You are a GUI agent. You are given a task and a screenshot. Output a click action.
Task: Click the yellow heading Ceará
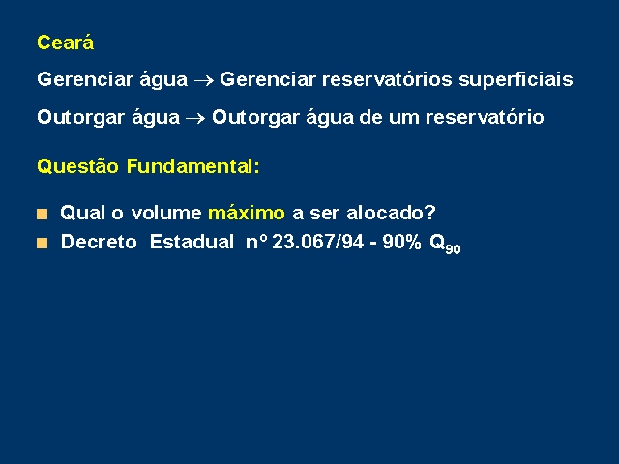pyautogui.click(x=65, y=43)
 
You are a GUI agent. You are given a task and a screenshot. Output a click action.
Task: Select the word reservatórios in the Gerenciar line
pyautogui.click(x=387, y=79)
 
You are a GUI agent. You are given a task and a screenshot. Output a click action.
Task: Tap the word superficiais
pyautogui.click(x=516, y=80)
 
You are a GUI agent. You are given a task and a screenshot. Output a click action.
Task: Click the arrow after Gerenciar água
pyautogui.click(x=204, y=81)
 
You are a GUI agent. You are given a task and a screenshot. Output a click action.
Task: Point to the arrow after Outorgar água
pyautogui.click(x=195, y=118)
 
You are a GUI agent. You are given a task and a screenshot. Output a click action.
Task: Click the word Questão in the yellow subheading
pyautogui.click(x=77, y=166)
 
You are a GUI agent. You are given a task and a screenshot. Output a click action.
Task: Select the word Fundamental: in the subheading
pyautogui.click(x=193, y=166)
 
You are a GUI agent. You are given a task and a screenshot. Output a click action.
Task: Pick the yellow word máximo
pyautogui.click(x=247, y=213)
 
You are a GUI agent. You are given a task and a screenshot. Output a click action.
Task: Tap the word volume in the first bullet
pyautogui.click(x=166, y=213)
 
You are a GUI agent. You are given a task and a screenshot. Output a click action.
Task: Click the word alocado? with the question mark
pyautogui.click(x=391, y=213)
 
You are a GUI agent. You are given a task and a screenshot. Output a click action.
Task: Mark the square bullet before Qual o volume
pyautogui.click(x=42, y=215)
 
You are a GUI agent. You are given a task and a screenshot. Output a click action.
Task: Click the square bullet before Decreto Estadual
pyautogui.click(x=42, y=243)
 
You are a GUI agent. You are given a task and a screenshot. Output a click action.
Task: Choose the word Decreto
pyautogui.click(x=99, y=242)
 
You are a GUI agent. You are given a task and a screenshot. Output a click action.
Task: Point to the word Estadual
pyautogui.click(x=192, y=242)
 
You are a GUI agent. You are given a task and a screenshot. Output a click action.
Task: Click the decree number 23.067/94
pyautogui.click(x=318, y=242)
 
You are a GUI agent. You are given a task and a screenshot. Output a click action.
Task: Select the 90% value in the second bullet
pyautogui.click(x=401, y=242)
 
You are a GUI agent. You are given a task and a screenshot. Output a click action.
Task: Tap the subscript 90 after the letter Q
pyautogui.click(x=453, y=249)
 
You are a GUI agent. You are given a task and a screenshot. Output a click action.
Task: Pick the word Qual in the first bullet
pyautogui.click(x=83, y=213)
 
